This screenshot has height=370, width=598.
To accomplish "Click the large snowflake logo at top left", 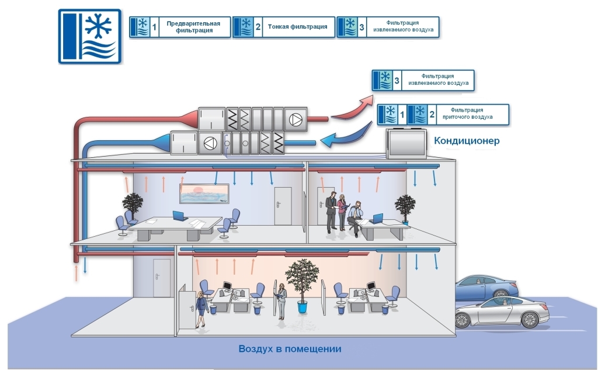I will coord(90,36).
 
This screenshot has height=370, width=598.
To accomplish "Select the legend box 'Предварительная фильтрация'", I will coord(179,27).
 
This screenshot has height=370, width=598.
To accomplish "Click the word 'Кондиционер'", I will coord(467,141).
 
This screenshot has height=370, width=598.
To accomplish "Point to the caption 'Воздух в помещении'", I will coord(290,349).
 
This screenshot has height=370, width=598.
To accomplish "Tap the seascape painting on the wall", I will coord(204,194).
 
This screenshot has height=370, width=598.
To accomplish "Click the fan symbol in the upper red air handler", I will coord(297,121).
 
